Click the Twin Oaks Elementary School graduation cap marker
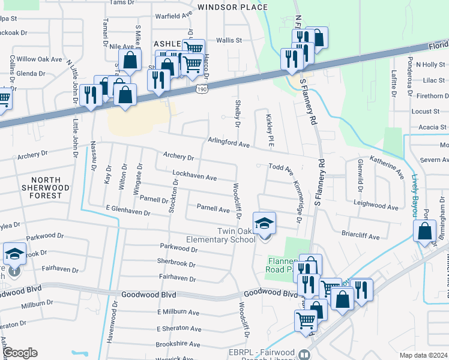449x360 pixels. pyautogui.click(x=264, y=224)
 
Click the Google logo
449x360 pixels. pyautogui.click(x=20, y=353)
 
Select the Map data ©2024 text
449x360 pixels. pyautogui.click(x=423, y=355)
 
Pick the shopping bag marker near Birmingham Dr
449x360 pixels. pyautogui.click(x=424, y=231)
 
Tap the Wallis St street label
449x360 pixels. pyautogui.click(x=228, y=41)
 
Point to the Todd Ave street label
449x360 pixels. pyautogui.click(x=280, y=169)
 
